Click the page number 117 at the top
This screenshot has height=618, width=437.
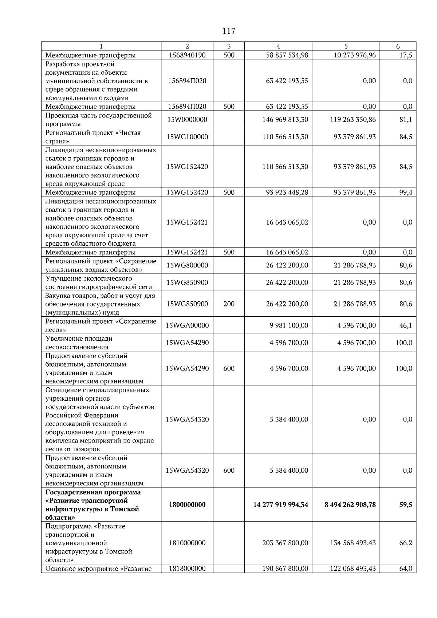tap(229, 31)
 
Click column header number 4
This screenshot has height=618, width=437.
tap(278, 46)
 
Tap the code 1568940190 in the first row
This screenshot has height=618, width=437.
tap(187, 55)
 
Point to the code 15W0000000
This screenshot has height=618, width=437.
tap(187, 120)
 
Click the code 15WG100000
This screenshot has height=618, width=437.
tap(187, 137)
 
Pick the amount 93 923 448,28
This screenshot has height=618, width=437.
tap(287, 193)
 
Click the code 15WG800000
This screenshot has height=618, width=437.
tap(187, 265)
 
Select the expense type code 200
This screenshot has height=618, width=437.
tap(229, 304)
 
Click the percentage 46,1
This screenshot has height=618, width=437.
tap(405, 325)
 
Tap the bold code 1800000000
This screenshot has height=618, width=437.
tap(187, 505)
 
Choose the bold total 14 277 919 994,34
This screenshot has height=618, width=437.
tap(280, 505)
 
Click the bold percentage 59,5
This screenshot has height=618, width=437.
tap(405, 505)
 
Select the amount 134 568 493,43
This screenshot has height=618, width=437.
tap(353, 543)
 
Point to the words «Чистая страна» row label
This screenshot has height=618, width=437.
tap(93, 137)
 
